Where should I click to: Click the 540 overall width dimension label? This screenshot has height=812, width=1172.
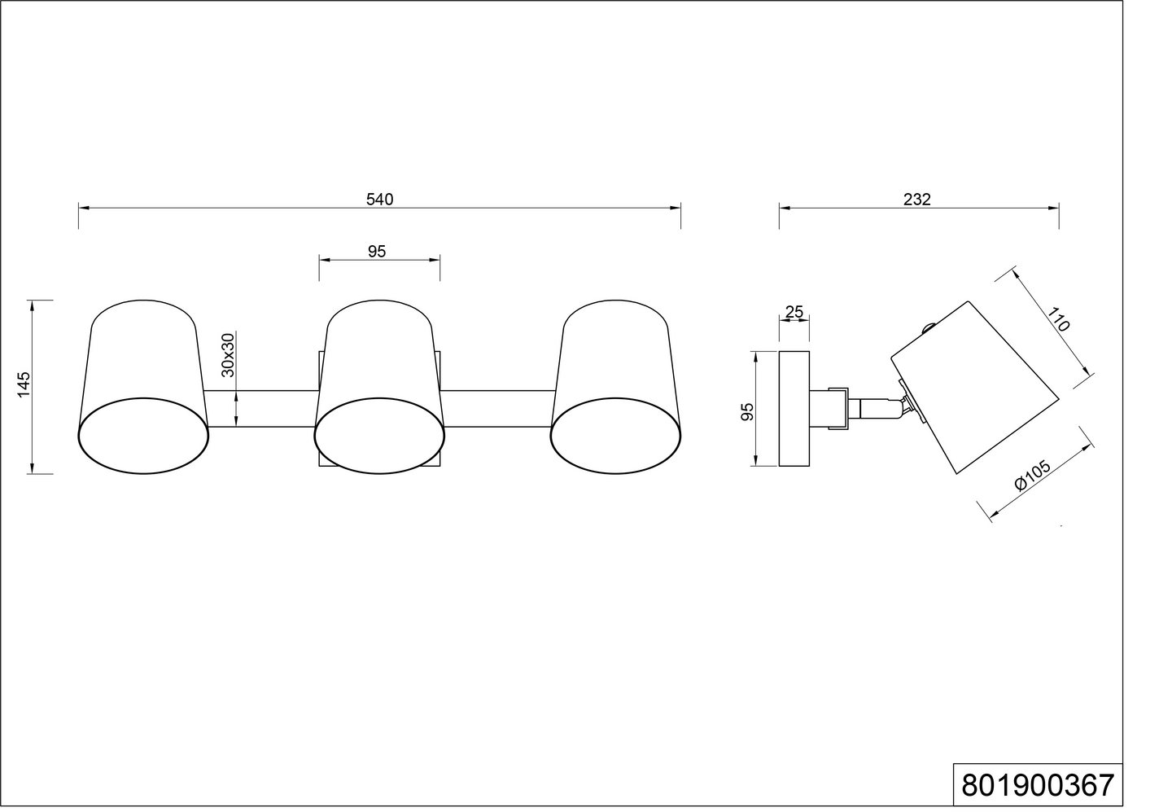(x=379, y=200)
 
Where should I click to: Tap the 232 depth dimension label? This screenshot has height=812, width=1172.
(x=916, y=200)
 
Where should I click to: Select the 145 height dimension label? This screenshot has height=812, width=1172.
(x=24, y=384)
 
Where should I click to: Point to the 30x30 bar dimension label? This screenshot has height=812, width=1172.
(x=228, y=354)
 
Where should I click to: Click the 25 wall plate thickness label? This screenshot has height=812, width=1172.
(x=794, y=312)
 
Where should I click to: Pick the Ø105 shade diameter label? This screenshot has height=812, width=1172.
(x=1032, y=475)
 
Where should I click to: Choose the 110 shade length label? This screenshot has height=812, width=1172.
(x=1058, y=319)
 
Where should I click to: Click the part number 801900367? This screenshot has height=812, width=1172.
(x=1038, y=786)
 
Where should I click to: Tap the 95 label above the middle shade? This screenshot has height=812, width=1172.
(x=377, y=252)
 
